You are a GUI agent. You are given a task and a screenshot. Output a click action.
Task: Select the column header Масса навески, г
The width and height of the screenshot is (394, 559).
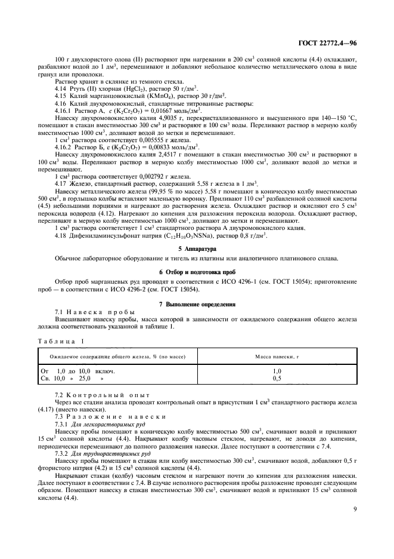[277, 357]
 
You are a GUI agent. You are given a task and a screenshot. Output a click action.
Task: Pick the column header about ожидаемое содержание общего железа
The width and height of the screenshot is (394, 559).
[117, 357]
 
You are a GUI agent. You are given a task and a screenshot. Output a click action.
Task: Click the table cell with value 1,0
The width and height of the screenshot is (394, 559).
[277, 370]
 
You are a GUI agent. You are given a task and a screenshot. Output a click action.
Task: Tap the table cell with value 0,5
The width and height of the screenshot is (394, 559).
[277, 378]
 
